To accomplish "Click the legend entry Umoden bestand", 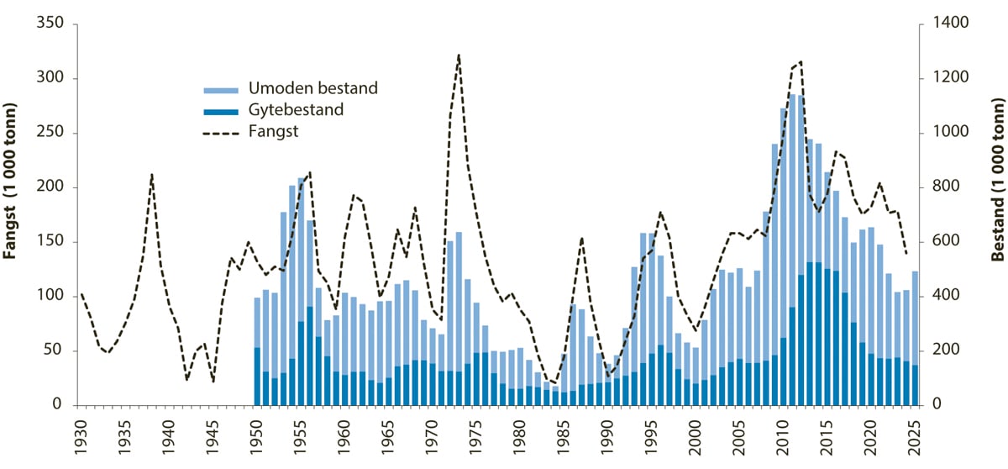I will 312,88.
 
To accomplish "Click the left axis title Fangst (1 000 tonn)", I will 12,214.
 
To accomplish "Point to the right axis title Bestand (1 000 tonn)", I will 997,214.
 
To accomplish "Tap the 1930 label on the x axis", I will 81,438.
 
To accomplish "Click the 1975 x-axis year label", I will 475,438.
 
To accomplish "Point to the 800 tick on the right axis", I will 934,187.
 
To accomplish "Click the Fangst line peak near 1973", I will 459,55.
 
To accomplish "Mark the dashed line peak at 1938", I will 151,175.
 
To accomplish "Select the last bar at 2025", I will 914,338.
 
